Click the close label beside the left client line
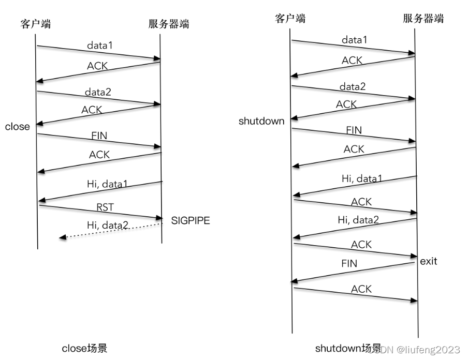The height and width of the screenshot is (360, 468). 18,127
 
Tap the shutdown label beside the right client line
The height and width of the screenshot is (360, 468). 261,122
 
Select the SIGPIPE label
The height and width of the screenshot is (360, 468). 191,221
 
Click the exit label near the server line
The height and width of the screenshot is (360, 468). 429,261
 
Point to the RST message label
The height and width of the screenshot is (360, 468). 105,207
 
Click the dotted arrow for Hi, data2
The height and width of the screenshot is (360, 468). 111,231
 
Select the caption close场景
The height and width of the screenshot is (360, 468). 84,348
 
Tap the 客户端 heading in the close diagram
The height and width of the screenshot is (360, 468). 36,23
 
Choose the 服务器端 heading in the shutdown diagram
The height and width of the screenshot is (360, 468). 423,19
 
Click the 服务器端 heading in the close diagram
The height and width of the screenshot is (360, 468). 168,23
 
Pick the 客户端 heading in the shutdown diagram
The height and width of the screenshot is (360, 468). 290,19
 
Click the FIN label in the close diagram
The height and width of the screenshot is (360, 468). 99,136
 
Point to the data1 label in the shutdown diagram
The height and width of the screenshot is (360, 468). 355,40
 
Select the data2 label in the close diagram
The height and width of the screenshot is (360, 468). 98,92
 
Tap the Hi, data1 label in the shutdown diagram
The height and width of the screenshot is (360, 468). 362,178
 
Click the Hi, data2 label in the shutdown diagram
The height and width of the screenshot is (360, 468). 358,220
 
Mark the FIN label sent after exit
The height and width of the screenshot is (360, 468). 349,263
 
